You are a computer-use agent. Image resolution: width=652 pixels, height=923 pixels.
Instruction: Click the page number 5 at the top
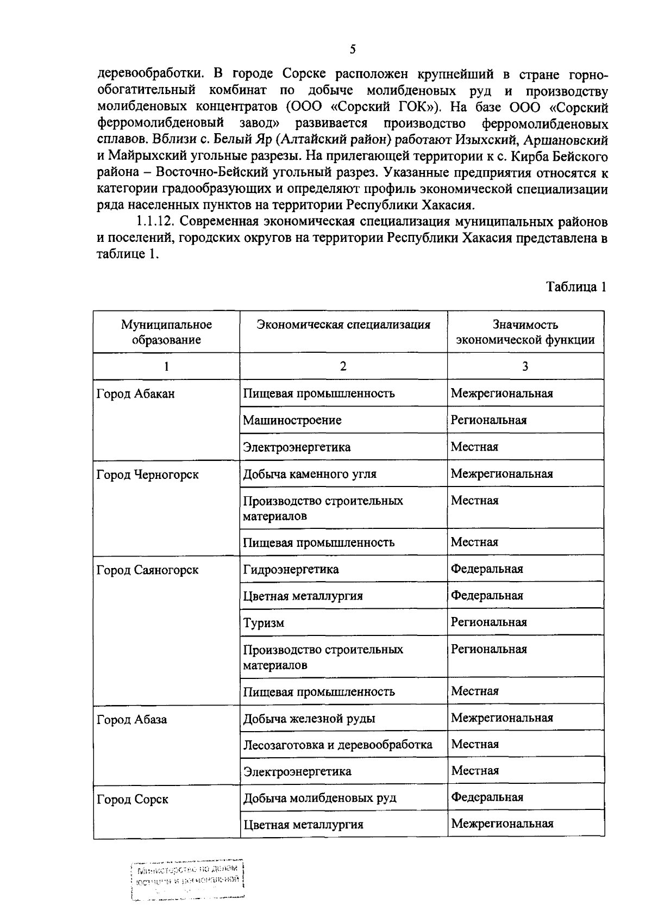coord(353,49)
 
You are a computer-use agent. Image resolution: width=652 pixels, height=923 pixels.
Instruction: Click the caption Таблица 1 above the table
coord(575,287)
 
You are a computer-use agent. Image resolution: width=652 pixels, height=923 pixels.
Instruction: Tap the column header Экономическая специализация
coord(343,325)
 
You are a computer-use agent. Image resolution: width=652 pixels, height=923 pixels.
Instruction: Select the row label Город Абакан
coord(136,394)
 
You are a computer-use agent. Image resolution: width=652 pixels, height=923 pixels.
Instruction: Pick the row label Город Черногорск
coord(148,475)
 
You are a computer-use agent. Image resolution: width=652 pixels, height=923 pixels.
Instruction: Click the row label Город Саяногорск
coord(148,570)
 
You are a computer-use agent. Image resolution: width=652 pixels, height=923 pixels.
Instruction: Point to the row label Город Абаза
coord(132,719)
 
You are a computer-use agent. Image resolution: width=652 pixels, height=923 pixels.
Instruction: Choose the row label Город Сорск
coord(133,799)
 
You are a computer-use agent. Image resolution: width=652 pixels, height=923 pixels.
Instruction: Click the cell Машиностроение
coord(292,420)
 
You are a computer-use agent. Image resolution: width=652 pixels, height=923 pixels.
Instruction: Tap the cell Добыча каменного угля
coord(310,473)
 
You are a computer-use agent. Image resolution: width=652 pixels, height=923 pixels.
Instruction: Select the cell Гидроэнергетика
coord(291,569)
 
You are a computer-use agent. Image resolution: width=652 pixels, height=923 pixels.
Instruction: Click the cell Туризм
coord(264,623)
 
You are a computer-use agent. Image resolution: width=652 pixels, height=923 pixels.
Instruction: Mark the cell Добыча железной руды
coord(309,719)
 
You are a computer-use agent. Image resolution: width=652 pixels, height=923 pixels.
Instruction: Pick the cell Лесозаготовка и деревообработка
coord(337,745)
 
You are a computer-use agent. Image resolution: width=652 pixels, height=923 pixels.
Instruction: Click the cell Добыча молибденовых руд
coord(319,798)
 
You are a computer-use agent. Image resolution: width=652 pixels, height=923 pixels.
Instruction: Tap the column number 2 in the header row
coord(343,366)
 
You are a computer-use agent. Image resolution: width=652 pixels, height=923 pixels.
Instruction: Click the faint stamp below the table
coord(187,881)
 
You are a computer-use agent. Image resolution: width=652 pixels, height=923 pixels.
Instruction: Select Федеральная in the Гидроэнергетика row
coord(487,569)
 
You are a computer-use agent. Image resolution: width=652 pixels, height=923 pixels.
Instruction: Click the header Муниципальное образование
coord(166,332)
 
